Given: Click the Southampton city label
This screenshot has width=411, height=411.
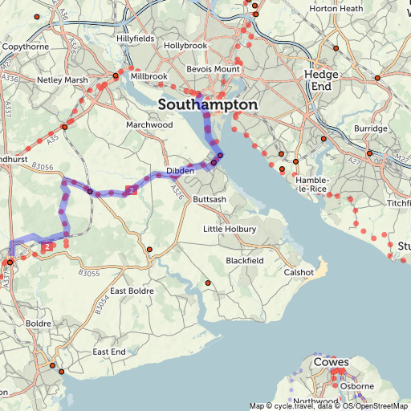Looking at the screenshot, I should point(208,105).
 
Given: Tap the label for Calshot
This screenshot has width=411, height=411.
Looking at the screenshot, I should point(299,272).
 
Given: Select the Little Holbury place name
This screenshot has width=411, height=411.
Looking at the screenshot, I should point(230,230).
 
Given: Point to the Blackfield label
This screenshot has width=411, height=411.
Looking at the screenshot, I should point(245,261).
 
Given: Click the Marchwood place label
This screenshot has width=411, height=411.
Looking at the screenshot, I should point(149,125).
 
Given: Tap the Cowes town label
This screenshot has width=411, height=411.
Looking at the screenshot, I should point(331,362).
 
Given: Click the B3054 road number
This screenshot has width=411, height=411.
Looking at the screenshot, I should point(100,306).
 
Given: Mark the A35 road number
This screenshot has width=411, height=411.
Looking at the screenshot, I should point(53,137).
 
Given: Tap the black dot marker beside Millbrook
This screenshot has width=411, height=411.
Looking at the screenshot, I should point(116,75).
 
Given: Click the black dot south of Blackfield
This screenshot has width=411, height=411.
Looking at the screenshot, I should point(207,283).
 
